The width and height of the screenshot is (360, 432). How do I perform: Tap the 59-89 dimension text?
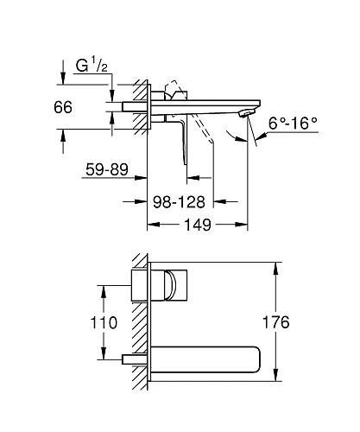(x=106, y=169)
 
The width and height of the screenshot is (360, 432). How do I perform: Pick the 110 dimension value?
(x=79, y=322)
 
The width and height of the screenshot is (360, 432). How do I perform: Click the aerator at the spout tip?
(x=249, y=114)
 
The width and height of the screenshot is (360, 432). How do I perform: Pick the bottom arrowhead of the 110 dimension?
(x=104, y=355)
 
